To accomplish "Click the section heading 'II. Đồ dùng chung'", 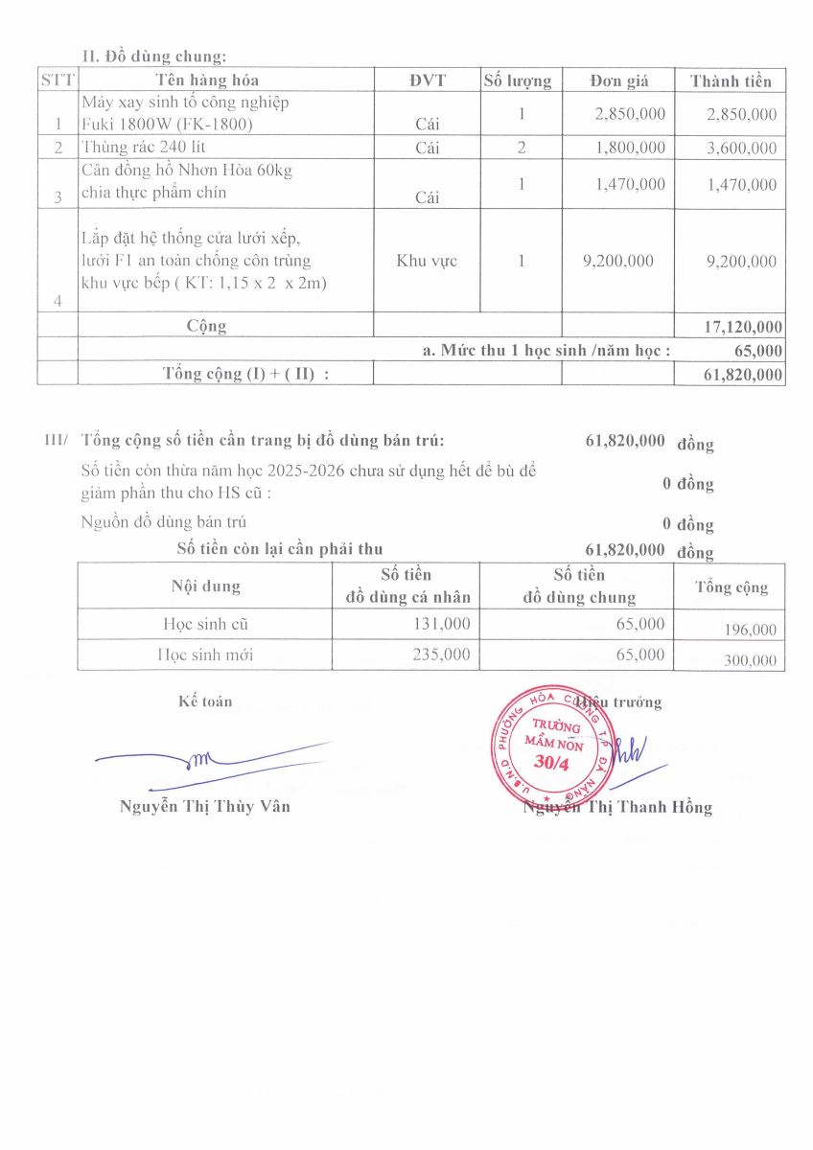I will (x=153, y=57).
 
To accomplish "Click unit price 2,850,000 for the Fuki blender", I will (x=630, y=114).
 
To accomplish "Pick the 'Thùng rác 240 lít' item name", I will (x=144, y=148).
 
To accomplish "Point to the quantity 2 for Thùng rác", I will (x=521, y=148).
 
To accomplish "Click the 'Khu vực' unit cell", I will (x=427, y=261).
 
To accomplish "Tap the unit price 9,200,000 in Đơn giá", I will (x=618, y=261).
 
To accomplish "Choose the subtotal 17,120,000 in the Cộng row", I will (x=743, y=327).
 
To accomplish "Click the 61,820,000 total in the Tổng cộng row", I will (x=743, y=375).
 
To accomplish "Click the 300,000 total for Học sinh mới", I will (x=745, y=661).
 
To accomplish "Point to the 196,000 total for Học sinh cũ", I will (x=745, y=630).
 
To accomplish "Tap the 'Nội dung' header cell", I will (x=205, y=586).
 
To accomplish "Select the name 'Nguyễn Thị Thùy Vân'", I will (x=204, y=806).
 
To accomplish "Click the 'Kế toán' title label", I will (x=205, y=701).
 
